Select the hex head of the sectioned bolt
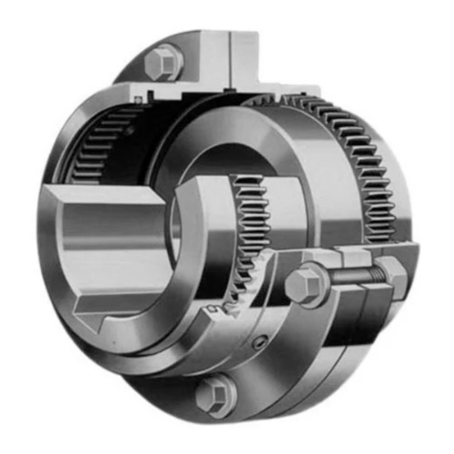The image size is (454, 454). click(x=303, y=285)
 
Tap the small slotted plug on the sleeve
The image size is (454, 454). click(x=262, y=344)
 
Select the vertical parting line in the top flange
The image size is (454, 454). click(x=230, y=54)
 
